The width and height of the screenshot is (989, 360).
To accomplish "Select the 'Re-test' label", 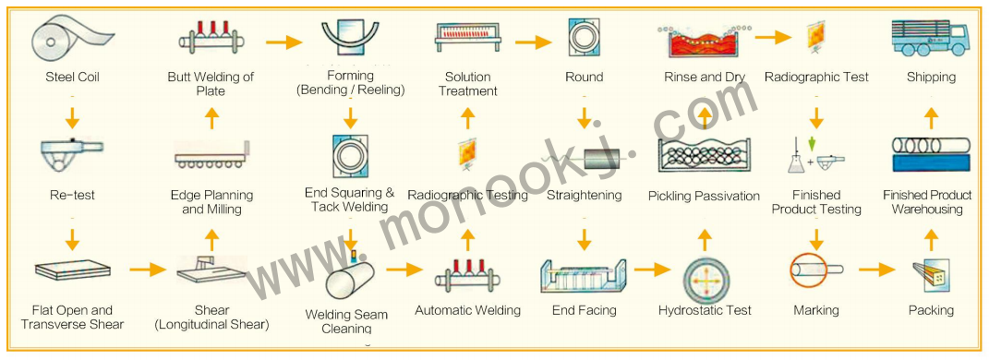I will [x=72, y=196].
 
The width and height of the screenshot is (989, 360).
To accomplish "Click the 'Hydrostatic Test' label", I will [x=705, y=311].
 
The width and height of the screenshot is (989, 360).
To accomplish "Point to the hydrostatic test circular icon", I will [x=705, y=274].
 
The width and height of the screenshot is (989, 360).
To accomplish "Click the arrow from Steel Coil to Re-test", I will [x=72, y=118].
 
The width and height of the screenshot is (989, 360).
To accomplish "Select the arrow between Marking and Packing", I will [x=876, y=270].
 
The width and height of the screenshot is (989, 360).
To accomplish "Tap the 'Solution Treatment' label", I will [x=468, y=84].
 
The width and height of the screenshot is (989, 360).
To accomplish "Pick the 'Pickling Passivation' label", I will [x=704, y=196].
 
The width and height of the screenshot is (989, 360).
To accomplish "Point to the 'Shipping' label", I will [x=931, y=78].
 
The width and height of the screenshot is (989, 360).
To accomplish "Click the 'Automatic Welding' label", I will [x=467, y=311].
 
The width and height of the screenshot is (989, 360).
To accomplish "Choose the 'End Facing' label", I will [x=584, y=311].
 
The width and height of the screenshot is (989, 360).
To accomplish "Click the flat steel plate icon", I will [x=72, y=270].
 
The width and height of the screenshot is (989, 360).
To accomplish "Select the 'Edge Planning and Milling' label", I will [x=211, y=202].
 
